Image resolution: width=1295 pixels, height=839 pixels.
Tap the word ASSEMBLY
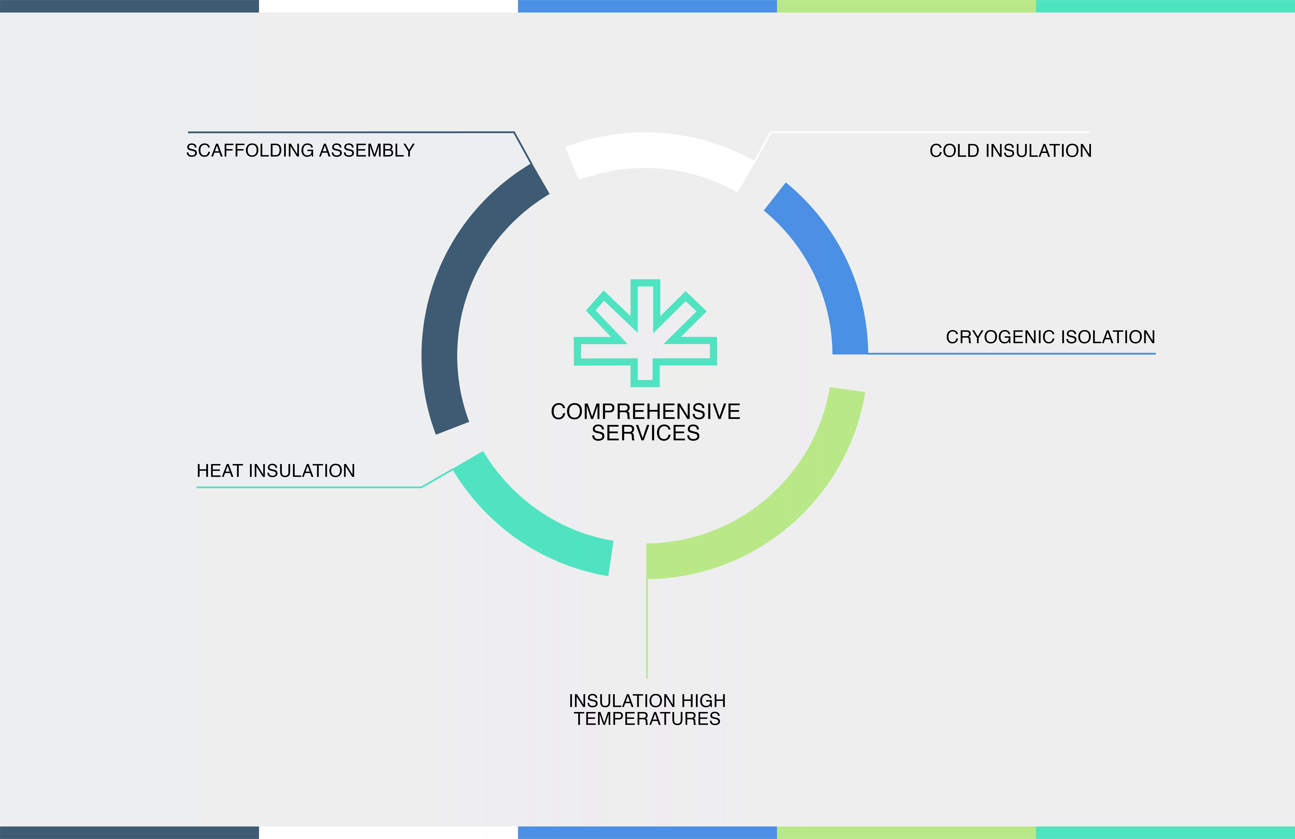(x=367, y=150)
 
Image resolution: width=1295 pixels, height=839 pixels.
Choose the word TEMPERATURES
(x=647, y=719)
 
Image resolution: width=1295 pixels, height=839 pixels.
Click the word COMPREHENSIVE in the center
(x=645, y=411)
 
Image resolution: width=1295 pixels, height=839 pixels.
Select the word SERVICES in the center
(x=645, y=433)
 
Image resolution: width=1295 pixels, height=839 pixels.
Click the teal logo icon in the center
(x=645, y=333)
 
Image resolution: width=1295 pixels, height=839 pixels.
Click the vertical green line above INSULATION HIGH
(x=647, y=628)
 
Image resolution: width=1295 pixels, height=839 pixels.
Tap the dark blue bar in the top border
(x=130, y=6)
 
